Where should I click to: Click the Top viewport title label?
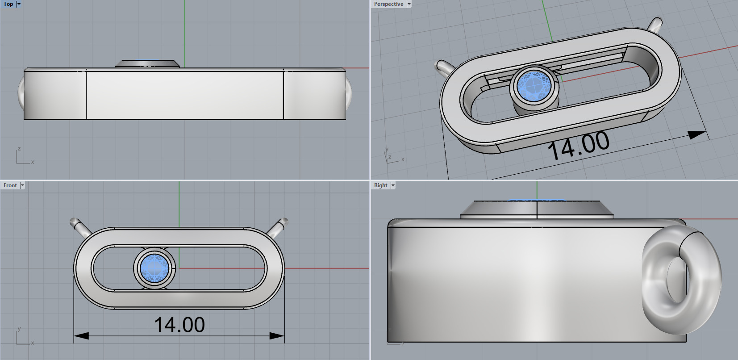tap(8, 4)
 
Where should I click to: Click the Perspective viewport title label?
tap(388, 4)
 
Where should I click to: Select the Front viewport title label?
tap(10, 185)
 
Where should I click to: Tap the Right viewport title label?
tap(380, 185)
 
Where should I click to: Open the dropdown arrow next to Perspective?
tap(409, 4)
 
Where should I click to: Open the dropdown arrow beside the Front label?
tap(22, 185)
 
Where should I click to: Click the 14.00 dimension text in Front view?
tap(179, 325)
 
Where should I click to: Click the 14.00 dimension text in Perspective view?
tap(579, 145)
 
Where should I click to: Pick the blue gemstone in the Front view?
tap(154, 268)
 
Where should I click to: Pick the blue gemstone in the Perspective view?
tap(534, 86)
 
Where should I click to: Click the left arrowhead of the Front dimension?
tap(81, 335)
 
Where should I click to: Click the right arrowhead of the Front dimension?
tap(277, 335)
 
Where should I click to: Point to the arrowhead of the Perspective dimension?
tap(696, 134)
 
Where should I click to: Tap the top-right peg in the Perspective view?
tap(655, 24)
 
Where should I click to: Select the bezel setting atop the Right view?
tap(537, 209)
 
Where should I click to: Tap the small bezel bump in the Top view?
tap(147, 64)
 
